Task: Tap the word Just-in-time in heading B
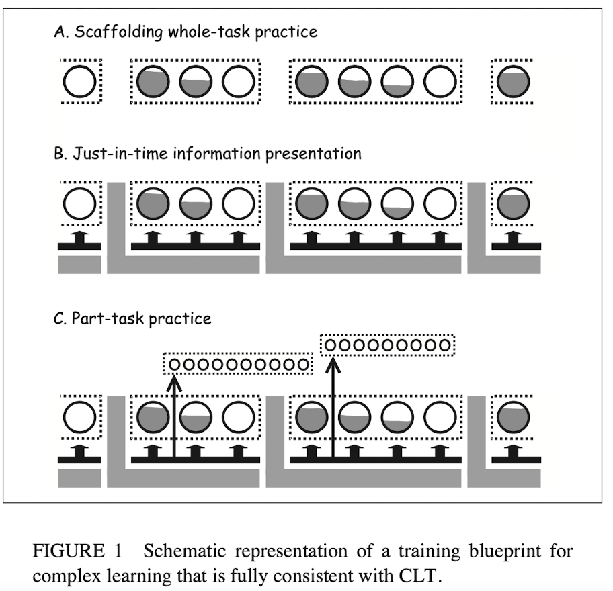click(118, 154)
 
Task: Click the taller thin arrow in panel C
click(332, 403)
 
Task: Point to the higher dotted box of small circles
click(387, 345)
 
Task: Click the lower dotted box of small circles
click(238, 363)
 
